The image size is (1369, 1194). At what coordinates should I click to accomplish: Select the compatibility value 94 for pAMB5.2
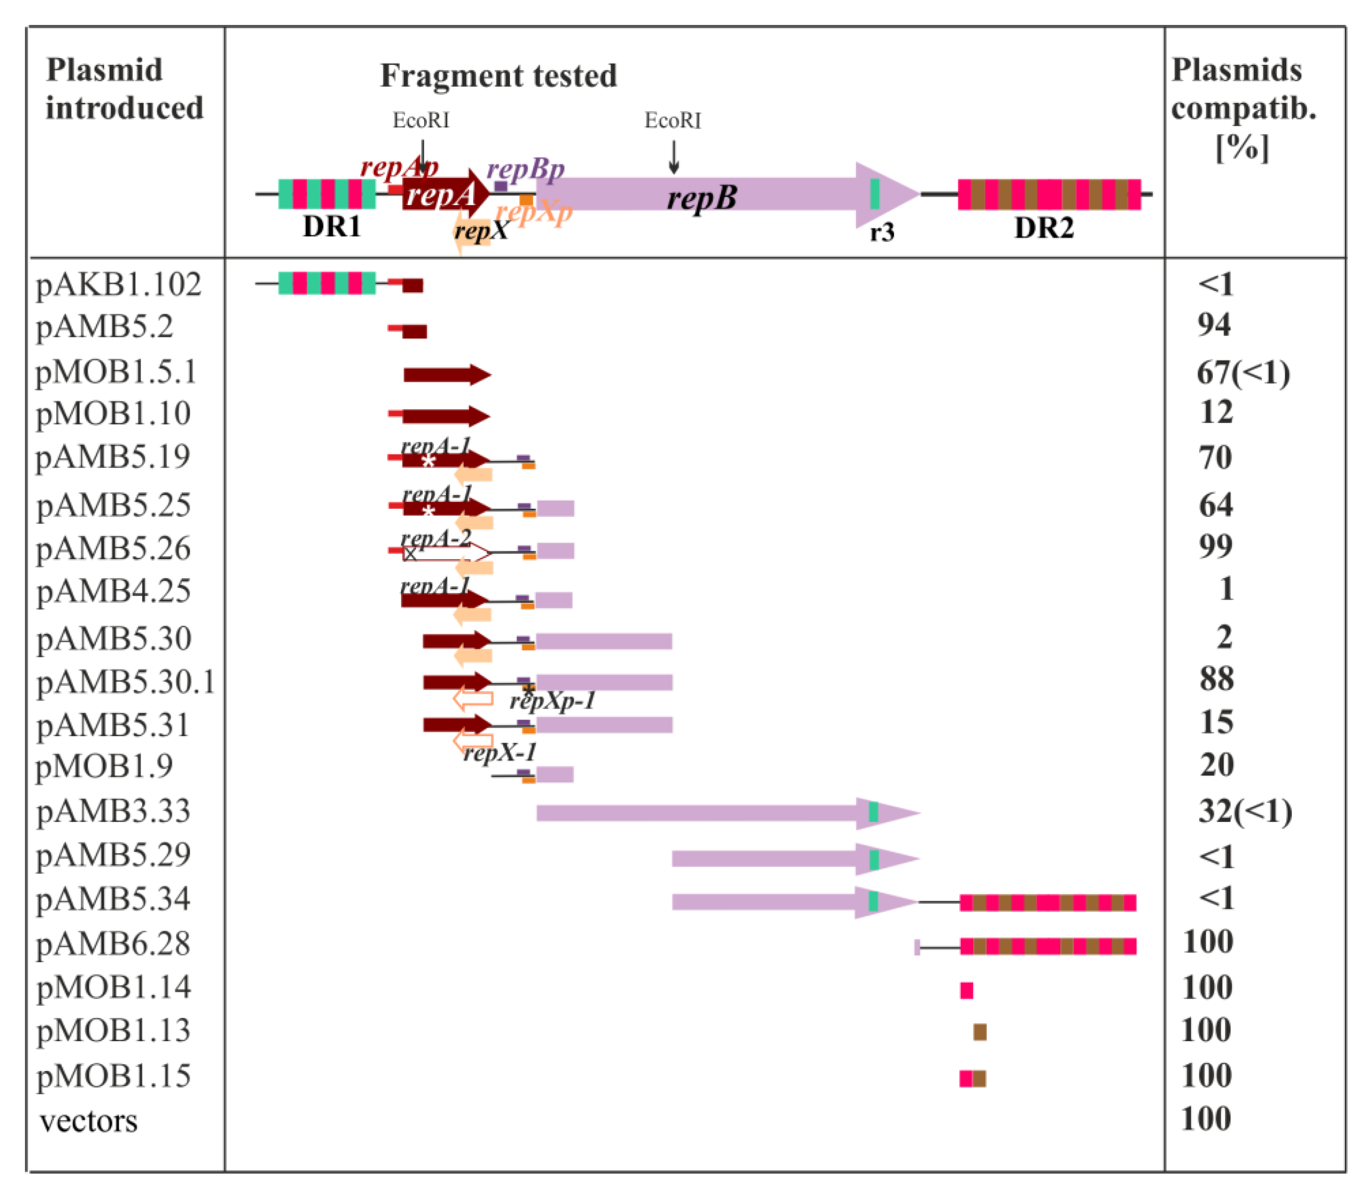coord(1214,325)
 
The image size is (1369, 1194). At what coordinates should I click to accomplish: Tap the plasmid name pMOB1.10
coord(113,414)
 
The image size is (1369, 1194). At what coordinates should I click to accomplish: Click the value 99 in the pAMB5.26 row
coord(1215,547)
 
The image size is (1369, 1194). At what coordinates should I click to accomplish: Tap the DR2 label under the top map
coord(1044,229)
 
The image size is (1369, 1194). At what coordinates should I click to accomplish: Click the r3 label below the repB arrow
coord(882,233)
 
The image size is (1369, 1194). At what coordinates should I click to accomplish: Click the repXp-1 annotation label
coord(552,702)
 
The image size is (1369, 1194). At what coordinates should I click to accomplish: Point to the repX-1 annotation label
coord(500,753)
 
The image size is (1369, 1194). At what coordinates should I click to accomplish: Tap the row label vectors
coord(88,1121)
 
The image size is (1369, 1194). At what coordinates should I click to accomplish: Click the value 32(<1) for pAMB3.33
coord(1244,812)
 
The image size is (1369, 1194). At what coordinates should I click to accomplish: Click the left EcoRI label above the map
coord(420,121)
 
